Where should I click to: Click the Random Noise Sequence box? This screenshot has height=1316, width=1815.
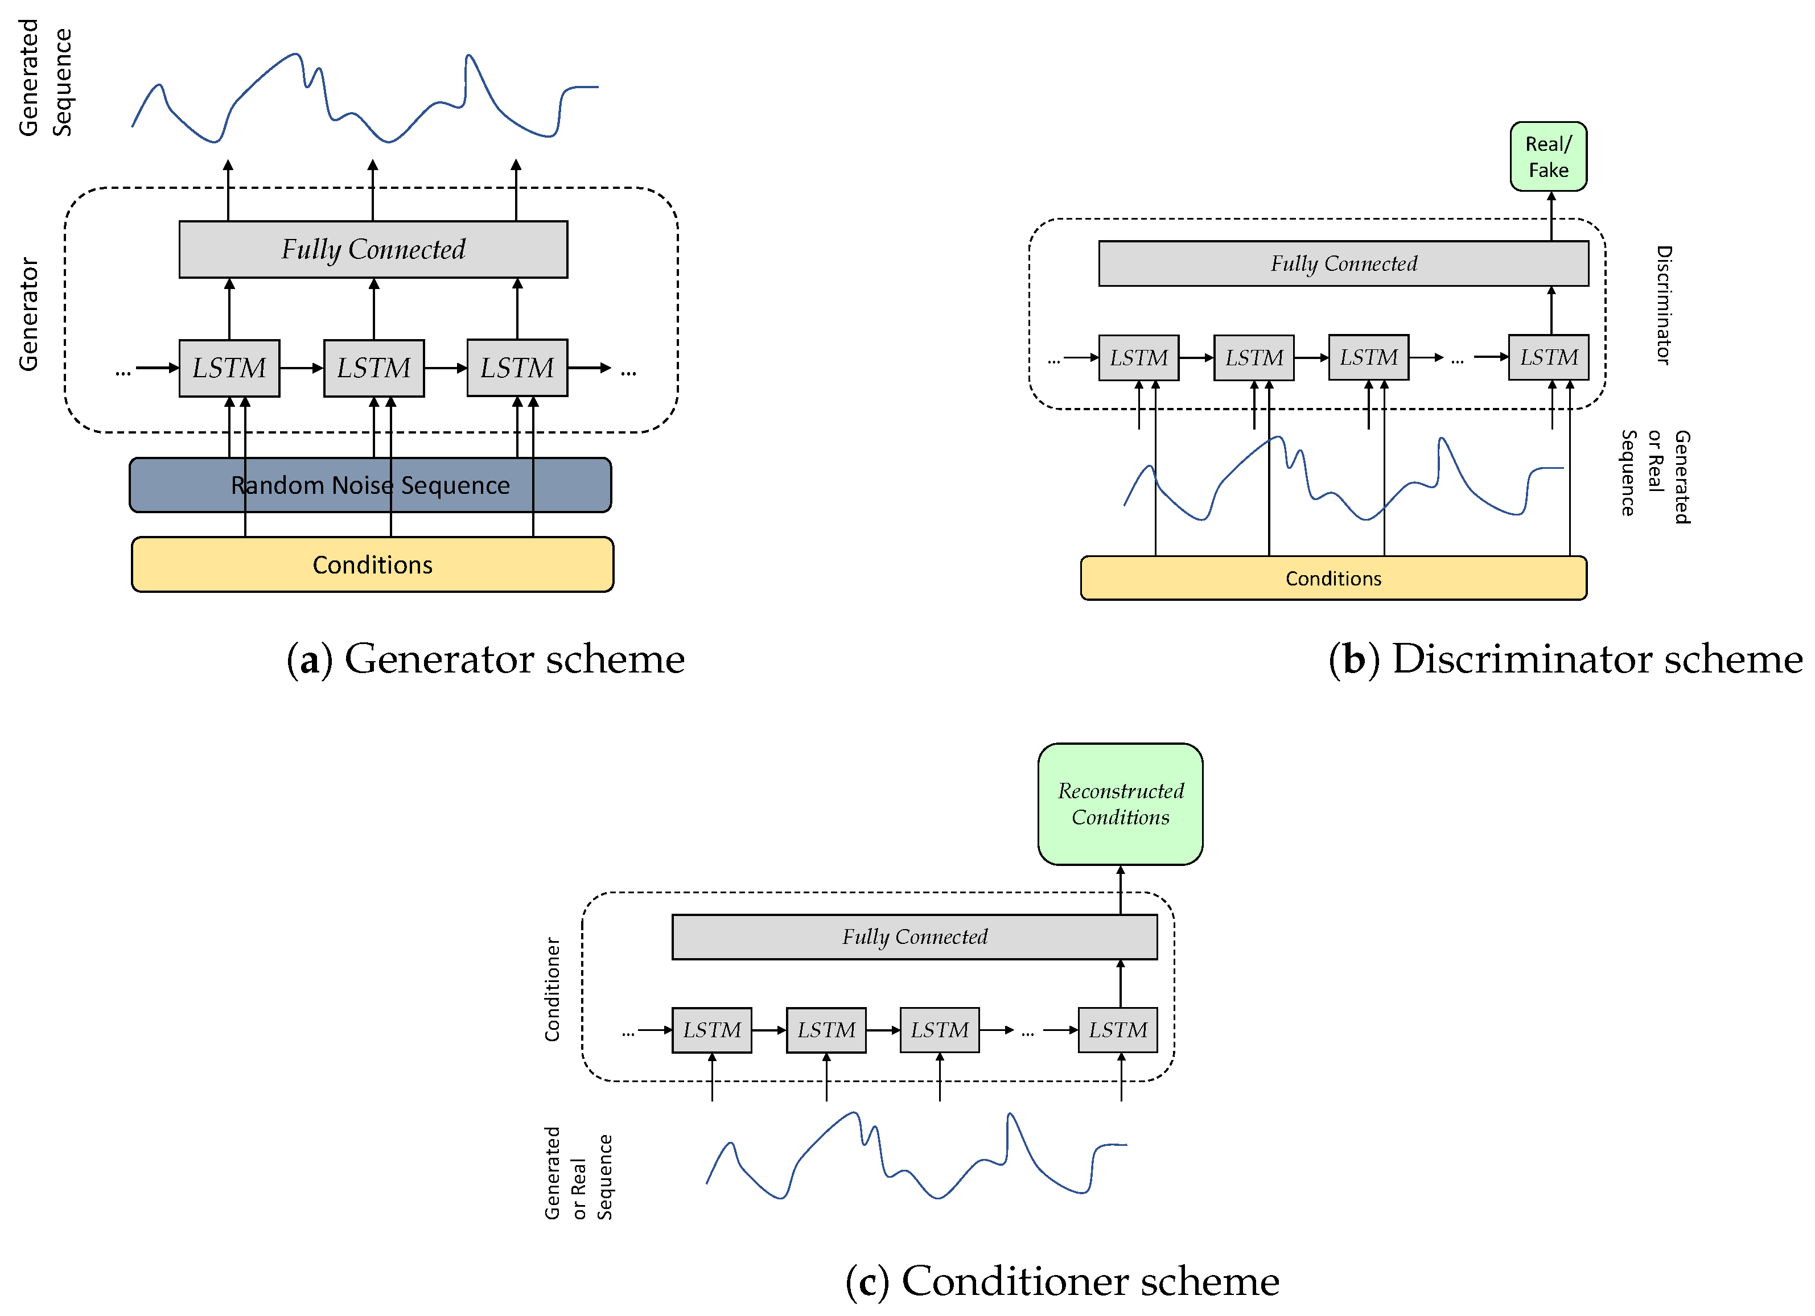[370, 485]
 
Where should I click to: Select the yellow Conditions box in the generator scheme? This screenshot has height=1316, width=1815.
[372, 565]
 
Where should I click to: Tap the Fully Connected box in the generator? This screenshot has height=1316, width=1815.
[373, 250]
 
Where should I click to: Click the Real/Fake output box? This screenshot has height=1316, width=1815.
[1548, 157]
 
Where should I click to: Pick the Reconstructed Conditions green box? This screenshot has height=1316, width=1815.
[1120, 804]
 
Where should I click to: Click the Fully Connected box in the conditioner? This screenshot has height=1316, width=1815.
[914, 937]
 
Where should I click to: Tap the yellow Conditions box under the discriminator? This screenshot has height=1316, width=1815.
[1332, 579]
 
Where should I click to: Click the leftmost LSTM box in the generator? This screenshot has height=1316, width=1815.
[229, 368]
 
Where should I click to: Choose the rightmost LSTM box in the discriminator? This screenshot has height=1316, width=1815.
[1548, 358]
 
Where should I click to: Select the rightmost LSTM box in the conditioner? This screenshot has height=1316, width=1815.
[1117, 1030]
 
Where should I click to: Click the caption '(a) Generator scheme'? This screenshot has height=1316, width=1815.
[485, 659]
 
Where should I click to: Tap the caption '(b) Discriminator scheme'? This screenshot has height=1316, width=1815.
[1565, 659]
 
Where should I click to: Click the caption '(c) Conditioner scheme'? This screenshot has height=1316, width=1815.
[1062, 1281]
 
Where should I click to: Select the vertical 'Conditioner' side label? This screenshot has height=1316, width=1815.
[552, 989]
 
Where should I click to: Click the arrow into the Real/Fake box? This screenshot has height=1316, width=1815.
[1551, 216]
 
